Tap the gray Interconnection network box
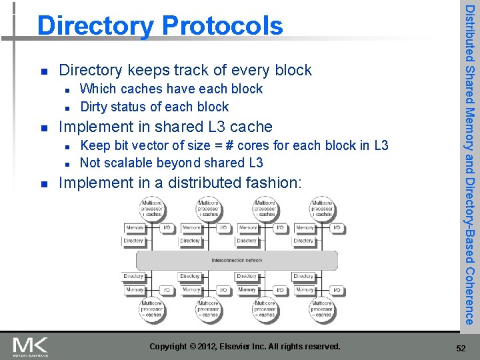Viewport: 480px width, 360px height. coord(237,259)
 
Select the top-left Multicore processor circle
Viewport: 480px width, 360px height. coord(153,209)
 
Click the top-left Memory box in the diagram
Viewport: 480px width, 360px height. coord(135,228)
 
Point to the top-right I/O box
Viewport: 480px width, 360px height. coord(337,228)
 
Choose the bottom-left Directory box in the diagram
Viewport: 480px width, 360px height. coord(133,276)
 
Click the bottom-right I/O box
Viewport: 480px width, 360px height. coord(337,290)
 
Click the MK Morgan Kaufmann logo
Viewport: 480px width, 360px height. coord(31,346)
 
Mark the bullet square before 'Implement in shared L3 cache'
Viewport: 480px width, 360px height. coord(43,127)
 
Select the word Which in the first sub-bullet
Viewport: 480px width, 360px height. coord(97,89)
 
